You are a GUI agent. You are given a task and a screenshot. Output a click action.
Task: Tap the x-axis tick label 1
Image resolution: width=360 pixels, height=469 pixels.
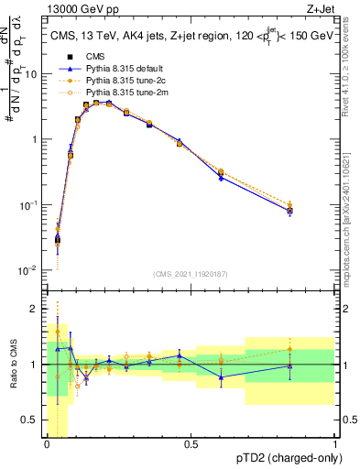coord(335,445)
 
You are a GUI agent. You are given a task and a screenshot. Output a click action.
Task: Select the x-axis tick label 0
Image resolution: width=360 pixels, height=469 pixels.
coord(47,445)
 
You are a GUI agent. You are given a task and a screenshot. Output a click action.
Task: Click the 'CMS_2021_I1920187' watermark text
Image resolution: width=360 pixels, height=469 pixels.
coord(191,274)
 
